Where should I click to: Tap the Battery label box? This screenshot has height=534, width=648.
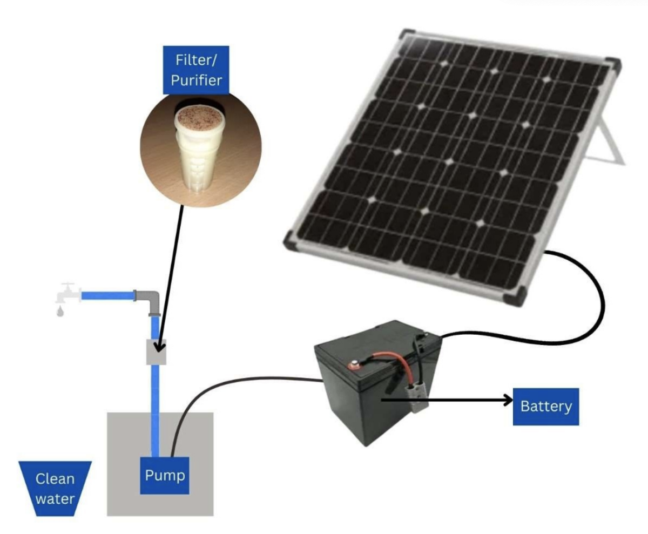[x=545, y=406]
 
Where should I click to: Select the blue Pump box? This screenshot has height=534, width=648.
[x=165, y=476]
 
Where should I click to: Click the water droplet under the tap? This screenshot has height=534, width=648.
[x=60, y=312]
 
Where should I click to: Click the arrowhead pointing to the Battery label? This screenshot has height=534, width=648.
[x=507, y=400]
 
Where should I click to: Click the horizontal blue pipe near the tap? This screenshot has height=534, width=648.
[x=108, y=295]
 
